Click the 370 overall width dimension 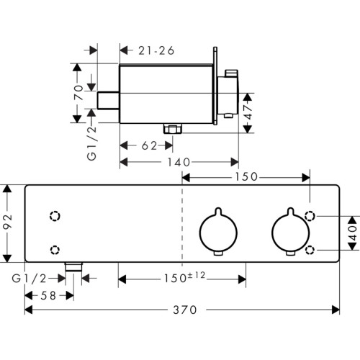pos(185,310)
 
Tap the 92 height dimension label pos(8,222)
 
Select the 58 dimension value pos(48,296)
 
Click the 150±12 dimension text pos(184,277)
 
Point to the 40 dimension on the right pos(352,233)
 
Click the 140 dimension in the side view pos(179,162)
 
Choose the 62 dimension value pos(149,145)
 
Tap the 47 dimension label pos(248,112)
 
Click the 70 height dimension pos(78,92)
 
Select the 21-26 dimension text pos(156,50)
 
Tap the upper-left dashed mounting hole pos(55,216)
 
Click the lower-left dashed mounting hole pos(55,250)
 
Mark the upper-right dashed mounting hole pos(310,216)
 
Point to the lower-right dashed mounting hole pos(310,250)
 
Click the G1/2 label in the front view pos(29,279)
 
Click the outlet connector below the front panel pos(73,267)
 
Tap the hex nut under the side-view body pos(173,128)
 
